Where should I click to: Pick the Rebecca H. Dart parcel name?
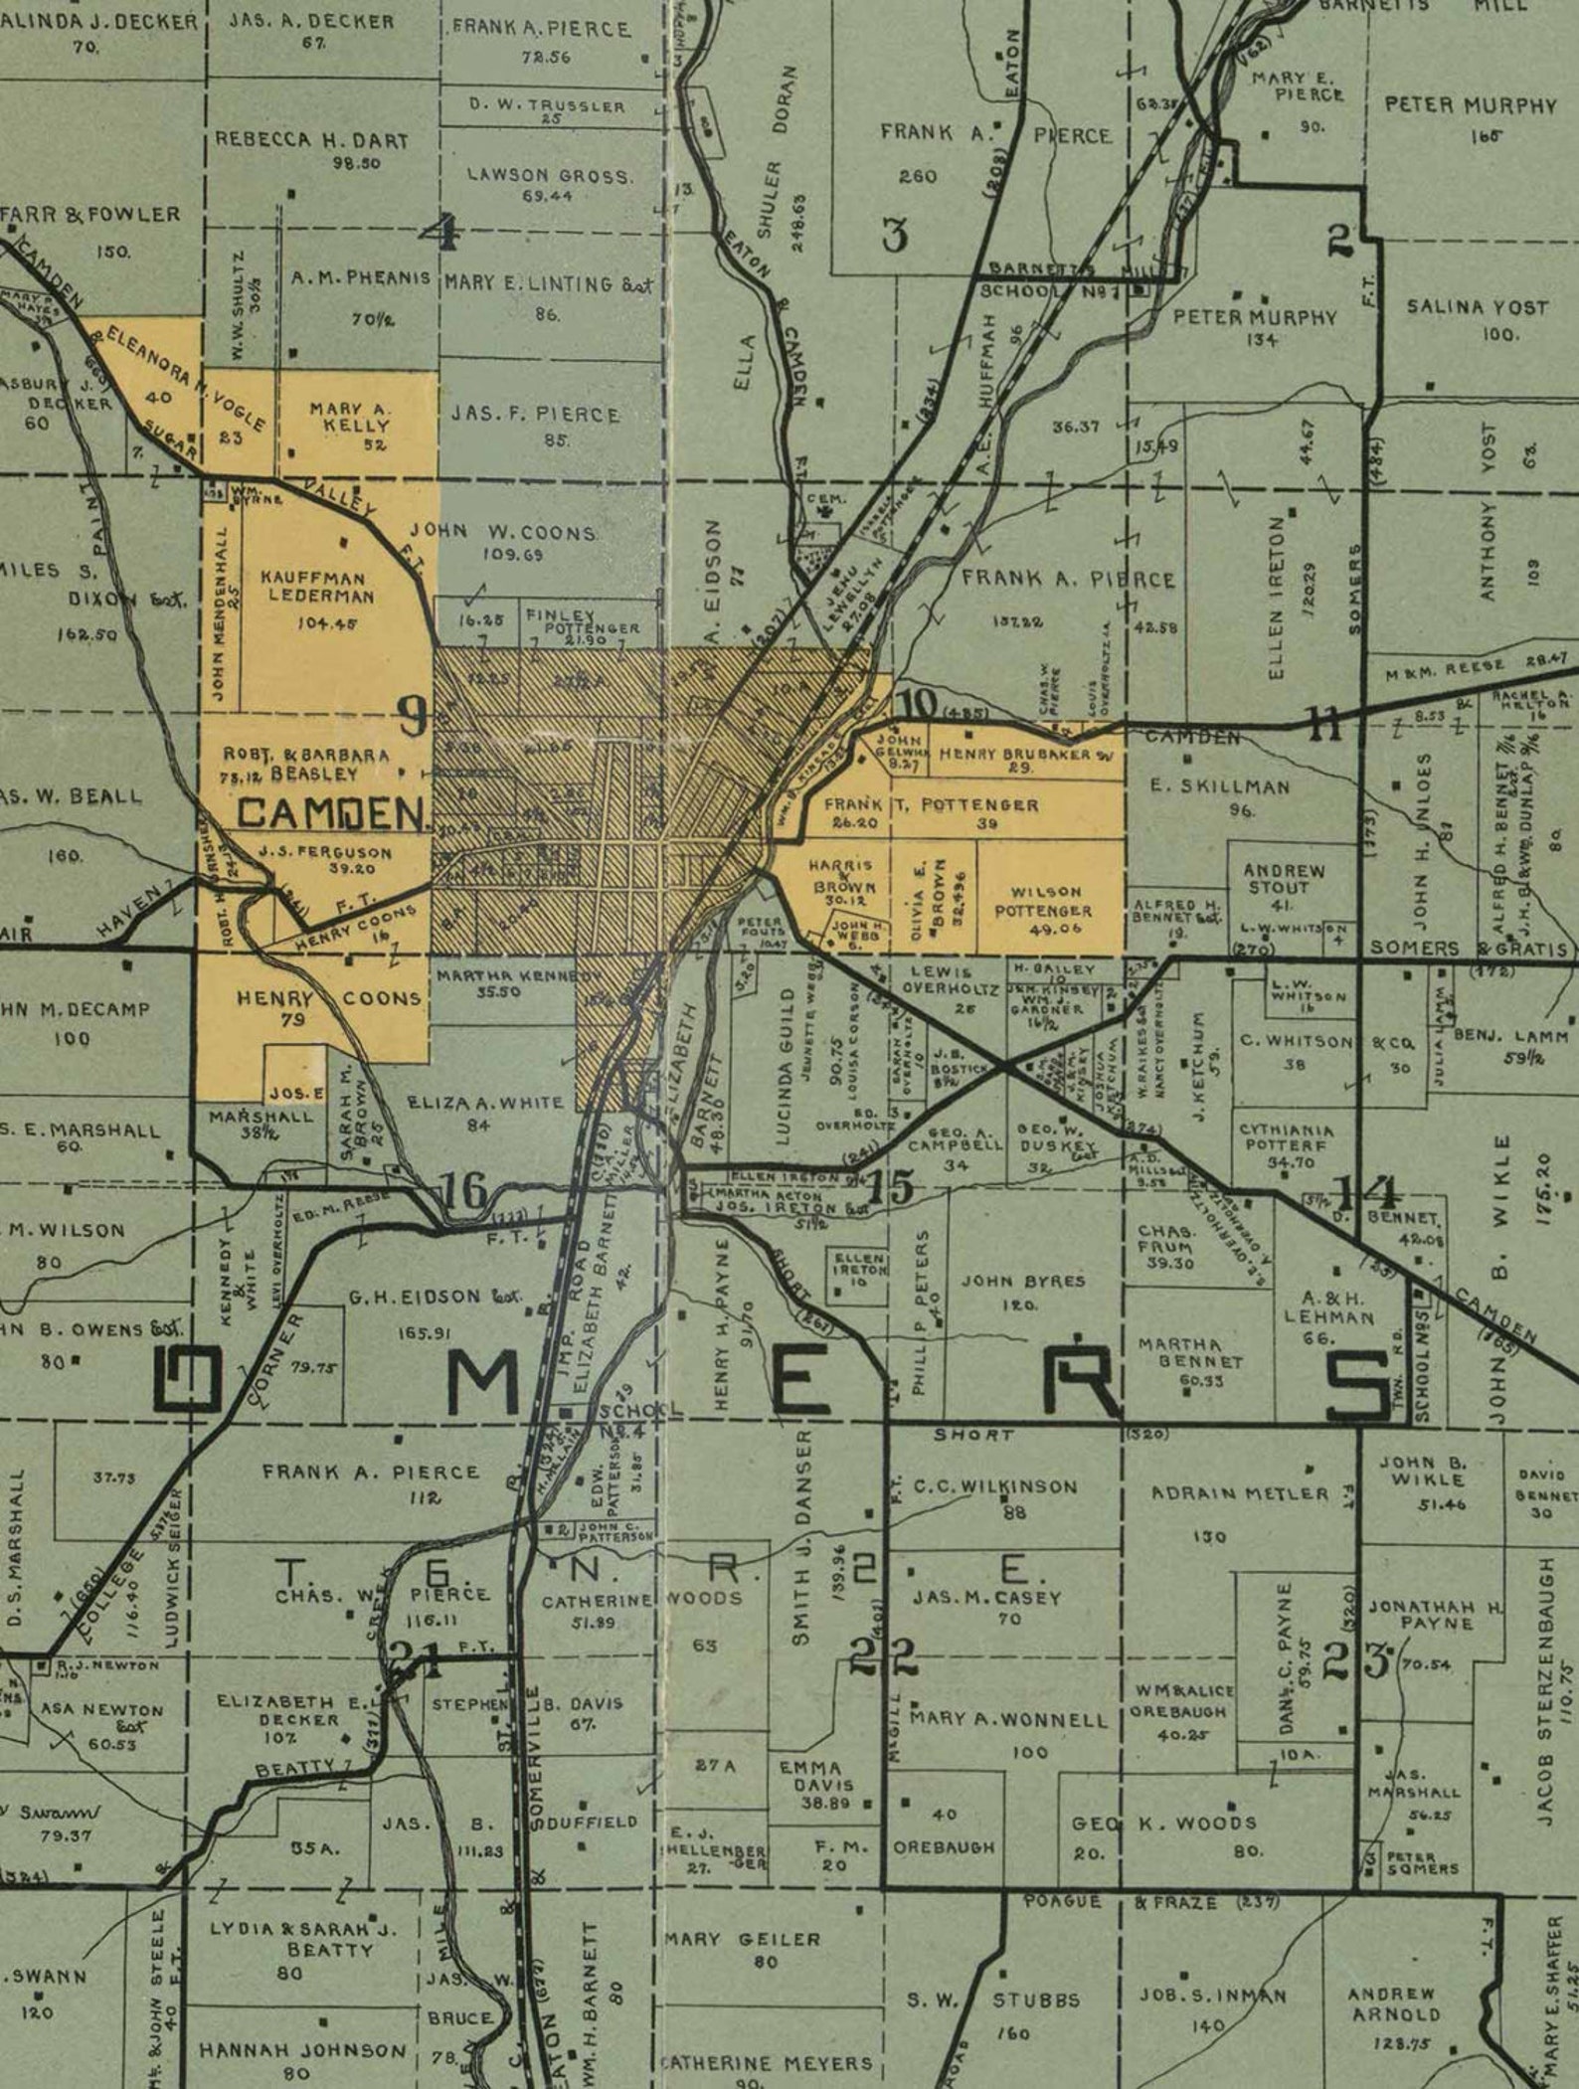point(311,140)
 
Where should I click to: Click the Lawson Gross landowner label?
point(550,176)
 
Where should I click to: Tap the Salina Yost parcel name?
point(1477,308)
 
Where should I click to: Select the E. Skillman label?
point(1219,786)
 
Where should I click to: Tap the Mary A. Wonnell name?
point(1008,1719)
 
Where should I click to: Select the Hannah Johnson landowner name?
point(302,2050)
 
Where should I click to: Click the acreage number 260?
point(917,176)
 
